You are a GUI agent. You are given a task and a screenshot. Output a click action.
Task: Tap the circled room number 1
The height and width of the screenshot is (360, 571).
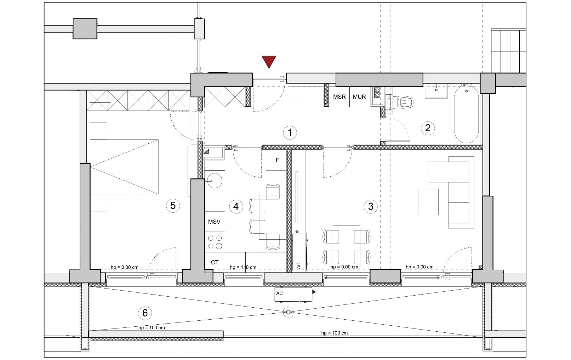[290, 133]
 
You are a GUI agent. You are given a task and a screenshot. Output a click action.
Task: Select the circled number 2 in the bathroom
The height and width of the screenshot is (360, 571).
[428, 128]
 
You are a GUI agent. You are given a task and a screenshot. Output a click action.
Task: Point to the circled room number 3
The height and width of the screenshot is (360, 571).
[371, 206]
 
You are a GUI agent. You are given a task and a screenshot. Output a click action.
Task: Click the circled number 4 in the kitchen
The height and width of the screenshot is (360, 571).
[236, 206]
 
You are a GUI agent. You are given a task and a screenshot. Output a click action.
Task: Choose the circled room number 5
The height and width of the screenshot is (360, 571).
[173, 206]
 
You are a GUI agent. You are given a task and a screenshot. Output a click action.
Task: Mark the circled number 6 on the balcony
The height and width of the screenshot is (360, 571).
[145, 313]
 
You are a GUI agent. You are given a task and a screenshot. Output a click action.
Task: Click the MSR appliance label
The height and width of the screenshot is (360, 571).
[339, 97]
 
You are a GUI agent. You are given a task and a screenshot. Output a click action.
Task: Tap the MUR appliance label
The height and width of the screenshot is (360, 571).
[359, 97]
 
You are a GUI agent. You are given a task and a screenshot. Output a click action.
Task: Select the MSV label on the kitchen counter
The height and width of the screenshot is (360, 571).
[214, 222]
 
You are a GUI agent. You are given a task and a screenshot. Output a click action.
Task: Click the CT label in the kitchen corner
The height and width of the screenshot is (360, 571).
[215, 262]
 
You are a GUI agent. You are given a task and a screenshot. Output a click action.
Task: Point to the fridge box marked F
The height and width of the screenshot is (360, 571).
[276, 160]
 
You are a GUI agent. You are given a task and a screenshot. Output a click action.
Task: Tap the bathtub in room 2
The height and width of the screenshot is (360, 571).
[467, 114]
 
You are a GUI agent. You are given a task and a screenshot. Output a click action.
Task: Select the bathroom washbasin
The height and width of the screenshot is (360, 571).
[436, 91]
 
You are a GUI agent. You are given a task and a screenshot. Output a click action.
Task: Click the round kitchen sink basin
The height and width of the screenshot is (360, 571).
[215, 181]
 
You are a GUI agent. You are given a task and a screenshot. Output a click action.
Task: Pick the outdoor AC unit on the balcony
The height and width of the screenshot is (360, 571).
[293, 295]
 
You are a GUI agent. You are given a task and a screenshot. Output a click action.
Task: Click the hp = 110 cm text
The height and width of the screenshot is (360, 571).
[243, 267]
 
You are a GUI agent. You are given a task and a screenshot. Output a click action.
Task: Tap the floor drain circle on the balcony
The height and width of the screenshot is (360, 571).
[288, 312]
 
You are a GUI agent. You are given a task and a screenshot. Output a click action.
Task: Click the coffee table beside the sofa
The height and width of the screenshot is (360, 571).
[428, 202]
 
